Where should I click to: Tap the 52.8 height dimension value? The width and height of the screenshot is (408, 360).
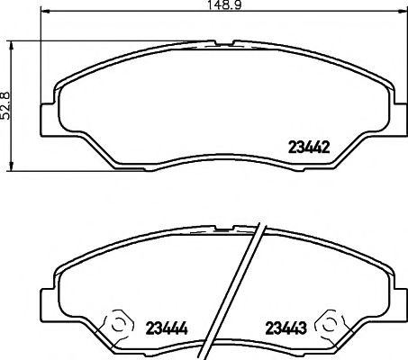[6, 105]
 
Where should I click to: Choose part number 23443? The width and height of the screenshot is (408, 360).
[284, 325]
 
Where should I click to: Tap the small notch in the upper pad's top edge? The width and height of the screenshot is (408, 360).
[224, 42]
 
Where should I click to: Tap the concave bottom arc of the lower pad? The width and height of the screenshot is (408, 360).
[224, 338]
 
